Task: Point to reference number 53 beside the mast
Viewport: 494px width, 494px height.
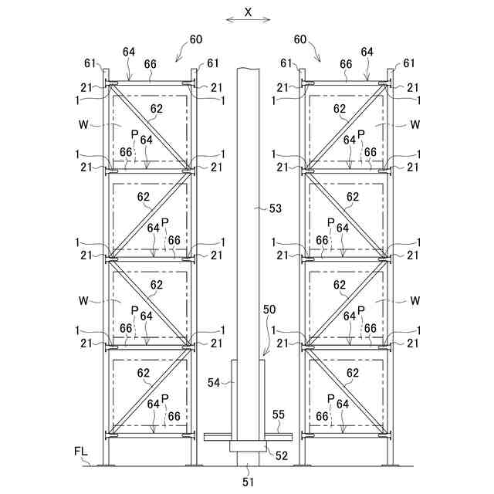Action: tap(276, 208)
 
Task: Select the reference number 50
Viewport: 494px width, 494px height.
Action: tap(269, 309)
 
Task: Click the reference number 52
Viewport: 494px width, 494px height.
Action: tap(282, 455)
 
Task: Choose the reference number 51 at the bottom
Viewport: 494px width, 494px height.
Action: tap(247, 482)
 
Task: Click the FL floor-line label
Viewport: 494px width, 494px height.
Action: tap(81, 450)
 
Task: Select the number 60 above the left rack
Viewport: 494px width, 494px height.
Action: tap(195, 39)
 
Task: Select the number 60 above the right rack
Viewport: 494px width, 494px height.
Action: tap(301, 39)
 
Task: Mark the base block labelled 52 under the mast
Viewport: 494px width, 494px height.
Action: tap(247, 445)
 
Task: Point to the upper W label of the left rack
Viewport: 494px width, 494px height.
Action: tap(83, 123)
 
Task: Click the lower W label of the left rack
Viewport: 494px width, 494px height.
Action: tap(83, 299)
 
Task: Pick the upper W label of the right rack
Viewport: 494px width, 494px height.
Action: tap(415, 123)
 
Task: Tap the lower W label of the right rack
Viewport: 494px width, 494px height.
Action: tap(415, 299)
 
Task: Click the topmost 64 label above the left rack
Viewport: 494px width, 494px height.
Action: tap(129, 52)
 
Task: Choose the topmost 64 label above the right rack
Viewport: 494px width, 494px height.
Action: tap(367, 52)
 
